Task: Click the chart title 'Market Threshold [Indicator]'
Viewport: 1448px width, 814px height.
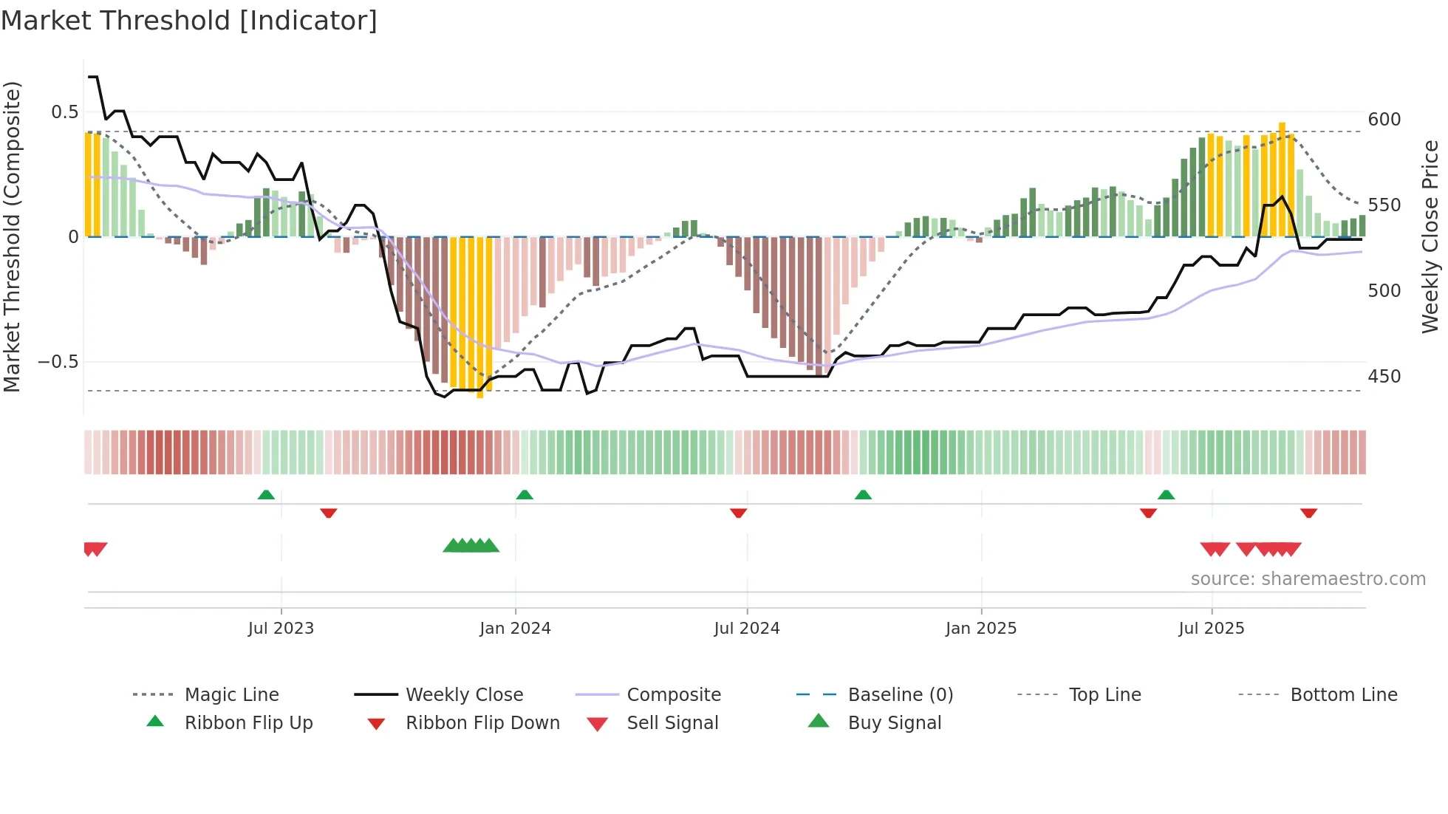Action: pos(189,21)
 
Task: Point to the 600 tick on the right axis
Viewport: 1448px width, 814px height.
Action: pos(1384,120)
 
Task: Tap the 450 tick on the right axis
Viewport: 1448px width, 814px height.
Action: pos(1384,377)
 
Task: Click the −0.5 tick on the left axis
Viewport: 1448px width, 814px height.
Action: pos(58,362)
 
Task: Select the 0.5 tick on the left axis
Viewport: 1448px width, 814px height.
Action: pos(64,112)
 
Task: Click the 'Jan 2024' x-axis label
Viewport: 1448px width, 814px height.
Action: pos(515,629)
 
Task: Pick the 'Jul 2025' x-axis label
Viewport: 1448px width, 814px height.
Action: pos(1211,629)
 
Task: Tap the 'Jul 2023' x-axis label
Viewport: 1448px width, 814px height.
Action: pos(281,629)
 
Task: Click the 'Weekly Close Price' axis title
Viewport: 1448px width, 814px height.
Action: pos(1430,236)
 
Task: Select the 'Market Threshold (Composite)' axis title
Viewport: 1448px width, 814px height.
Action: pos(12,236)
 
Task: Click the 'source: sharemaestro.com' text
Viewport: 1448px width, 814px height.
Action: pos(1308,579)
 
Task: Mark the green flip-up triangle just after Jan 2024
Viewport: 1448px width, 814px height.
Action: pos(525,494)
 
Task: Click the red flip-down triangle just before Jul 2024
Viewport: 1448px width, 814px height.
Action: pos(738,513)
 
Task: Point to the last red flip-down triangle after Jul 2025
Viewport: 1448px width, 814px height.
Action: pos(1308,513)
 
